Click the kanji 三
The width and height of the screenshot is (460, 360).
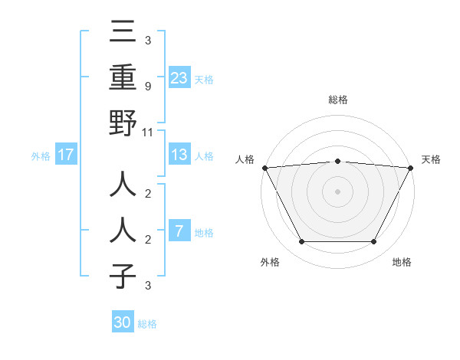click(x=123, y=32)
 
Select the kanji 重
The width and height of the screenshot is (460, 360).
click(x=123, y=77)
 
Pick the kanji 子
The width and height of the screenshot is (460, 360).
click(x=123, y=276)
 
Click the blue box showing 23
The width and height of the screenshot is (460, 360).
click(x=179, y=77)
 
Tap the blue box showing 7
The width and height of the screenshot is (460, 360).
click(x=179, y=231)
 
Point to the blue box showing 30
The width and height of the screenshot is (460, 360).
click(x=123, y=322)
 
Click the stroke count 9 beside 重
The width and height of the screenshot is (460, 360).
click(x=148, y=87)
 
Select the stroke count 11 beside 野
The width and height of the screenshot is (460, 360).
click(x=148, y=132)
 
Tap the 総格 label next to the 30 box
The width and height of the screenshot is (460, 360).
click(x=147, y=324)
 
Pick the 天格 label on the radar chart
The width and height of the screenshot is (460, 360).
click(x=432, y=159)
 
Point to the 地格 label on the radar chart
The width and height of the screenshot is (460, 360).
click(x=402, y=262)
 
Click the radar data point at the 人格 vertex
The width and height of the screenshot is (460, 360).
click(x=264, y=168)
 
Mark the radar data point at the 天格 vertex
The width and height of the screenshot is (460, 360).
click(x=411, y=168)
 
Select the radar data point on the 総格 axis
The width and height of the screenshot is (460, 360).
click(x=337, y=161)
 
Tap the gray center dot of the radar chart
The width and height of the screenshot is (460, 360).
click(x=337, y=191)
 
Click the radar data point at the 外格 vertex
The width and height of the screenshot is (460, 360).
click(x=301, y=242)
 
